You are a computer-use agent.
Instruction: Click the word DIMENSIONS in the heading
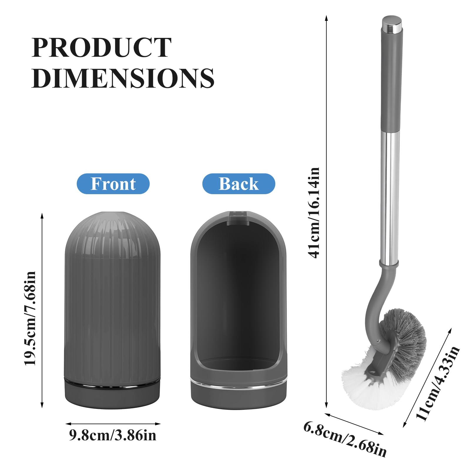(123, 78)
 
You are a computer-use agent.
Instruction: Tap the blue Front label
(113, 184)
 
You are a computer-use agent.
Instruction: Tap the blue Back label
(239, 184)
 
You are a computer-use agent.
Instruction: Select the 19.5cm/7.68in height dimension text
(30, 318)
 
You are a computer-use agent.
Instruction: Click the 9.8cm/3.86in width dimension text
(113, 435)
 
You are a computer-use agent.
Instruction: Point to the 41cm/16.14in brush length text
(314, 213)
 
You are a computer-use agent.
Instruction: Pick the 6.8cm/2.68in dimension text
(345, 439)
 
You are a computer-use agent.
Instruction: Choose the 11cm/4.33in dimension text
(438, 383)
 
